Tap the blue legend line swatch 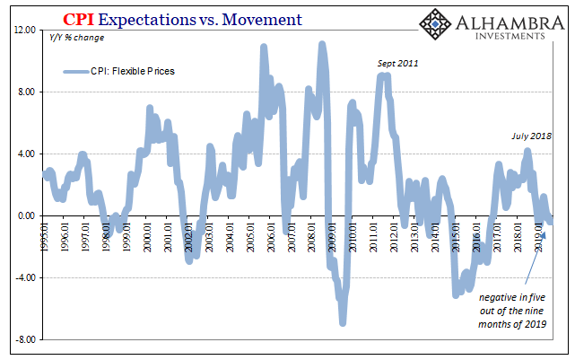point(75,71)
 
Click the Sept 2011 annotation point(396,64)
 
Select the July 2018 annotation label point(530,136)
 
